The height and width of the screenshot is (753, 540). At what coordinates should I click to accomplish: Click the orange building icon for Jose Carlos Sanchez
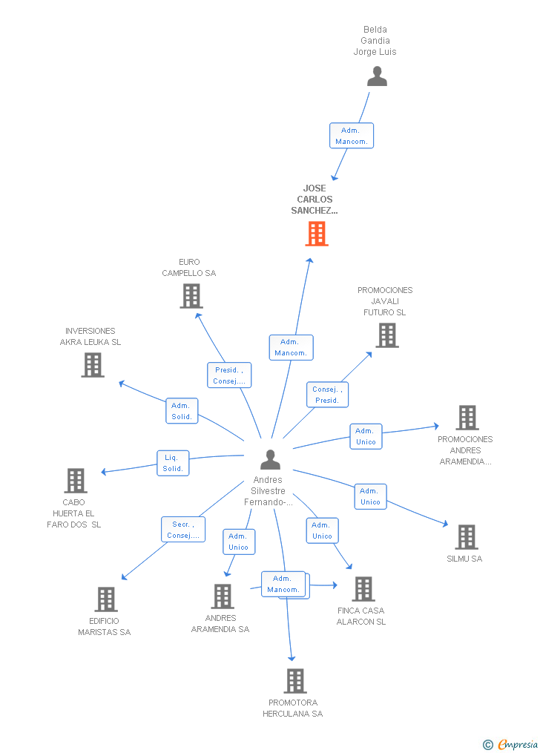click(x=317, y=234)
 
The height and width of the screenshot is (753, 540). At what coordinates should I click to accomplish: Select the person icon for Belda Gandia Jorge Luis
click(x=377, y=76)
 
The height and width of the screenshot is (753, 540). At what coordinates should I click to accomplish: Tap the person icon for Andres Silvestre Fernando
click(x=270, y=460)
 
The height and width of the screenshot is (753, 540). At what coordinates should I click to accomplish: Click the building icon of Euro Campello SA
click(x=191, y=296)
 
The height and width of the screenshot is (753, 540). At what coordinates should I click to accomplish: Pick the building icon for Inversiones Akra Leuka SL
click(x=93, y=365)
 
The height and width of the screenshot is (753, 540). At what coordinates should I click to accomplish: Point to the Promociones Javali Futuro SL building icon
click(x=386, y=335)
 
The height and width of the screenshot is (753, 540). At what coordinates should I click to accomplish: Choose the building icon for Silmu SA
click(x=466, y=537)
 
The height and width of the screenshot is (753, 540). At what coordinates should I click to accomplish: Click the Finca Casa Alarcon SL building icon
click(x=363, y=589)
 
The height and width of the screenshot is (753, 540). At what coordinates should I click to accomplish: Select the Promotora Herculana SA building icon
click(x=294, y=681)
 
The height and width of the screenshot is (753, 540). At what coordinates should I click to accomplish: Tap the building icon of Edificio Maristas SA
click(x=106, y=599)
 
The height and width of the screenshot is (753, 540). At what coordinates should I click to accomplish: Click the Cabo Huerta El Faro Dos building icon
click(x=76, y=481)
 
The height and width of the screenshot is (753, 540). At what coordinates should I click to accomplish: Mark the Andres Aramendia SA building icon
click(x=223, y=596)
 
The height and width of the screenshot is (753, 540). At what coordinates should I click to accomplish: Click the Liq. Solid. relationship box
click(x=173, y=463)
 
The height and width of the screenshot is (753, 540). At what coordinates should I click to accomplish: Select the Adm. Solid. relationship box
click(x=182, y=411)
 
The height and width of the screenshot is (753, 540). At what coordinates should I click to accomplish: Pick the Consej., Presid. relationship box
click(x=327, y=395)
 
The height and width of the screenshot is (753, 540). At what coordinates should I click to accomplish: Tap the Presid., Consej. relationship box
click(x=229, y=375)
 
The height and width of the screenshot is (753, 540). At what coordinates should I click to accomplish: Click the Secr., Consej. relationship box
click(x=183, y=530)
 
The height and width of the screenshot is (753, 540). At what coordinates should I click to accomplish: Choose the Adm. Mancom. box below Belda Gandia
click(x=351, y=136)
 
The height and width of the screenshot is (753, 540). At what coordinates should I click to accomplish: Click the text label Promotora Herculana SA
click(x=293, y=708)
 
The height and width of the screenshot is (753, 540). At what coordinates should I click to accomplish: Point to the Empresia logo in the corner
click(x=511, y=744)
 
